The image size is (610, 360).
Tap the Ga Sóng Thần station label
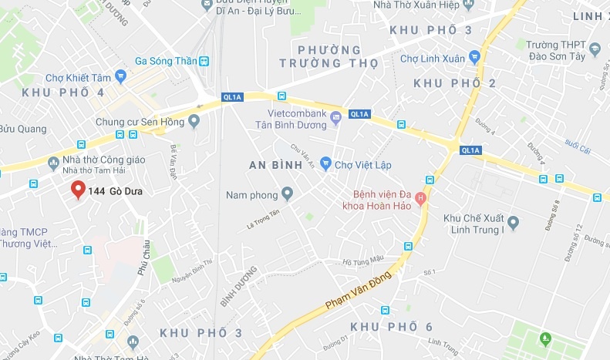point(165,60)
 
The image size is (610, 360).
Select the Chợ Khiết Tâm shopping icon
point(120,76)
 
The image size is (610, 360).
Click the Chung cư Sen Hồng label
point(140,121)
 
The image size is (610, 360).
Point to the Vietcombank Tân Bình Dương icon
point(335,118)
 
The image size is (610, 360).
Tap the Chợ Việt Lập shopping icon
point(326,163)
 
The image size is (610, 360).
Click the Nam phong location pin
point(288,193)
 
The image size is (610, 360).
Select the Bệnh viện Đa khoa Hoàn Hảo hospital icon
point(420,198)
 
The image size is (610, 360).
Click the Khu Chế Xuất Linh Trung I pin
point(514,224)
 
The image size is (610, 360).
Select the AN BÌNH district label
point(278,165)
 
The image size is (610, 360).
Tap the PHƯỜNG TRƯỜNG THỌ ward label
point(329,56)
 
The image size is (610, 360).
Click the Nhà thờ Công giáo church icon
point(53,162)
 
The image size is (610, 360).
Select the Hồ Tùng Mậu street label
point(362,261)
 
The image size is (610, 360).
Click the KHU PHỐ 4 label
point(63,93)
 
